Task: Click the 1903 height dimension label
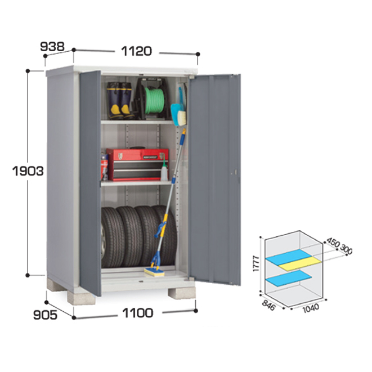click(x=27, y=171)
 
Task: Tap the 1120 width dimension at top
click(x=136, y=51)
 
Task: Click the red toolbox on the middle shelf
click(x=136, y=164)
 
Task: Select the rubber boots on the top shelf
click(x=120, y=101)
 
